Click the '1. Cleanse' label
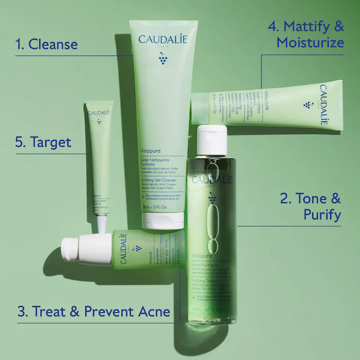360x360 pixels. point(47,44)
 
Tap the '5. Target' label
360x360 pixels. point(43,141)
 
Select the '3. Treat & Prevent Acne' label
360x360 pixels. point(94,311)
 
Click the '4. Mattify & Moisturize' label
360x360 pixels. point(307,34)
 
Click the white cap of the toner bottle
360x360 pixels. point(212,139)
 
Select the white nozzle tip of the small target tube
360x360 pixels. point(101,224)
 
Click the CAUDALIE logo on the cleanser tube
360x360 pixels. point(163,39)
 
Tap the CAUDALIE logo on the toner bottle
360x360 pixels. point(212,179)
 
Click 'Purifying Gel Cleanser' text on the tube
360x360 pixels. point(161,181)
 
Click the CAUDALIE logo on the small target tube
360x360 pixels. point(99,113)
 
